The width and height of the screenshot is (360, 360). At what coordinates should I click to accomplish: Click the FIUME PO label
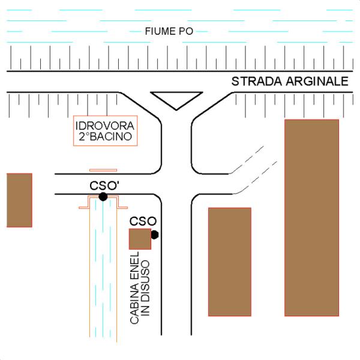(169, 31)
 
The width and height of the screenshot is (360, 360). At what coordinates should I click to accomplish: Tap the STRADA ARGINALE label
(290, 81)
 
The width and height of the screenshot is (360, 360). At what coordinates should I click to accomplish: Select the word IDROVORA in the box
(105, 126)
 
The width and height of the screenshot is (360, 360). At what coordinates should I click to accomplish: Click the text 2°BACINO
(105, 137)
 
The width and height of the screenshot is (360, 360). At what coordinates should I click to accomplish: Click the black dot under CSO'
(103, 196)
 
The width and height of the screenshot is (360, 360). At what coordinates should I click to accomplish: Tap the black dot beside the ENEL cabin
(154, 235)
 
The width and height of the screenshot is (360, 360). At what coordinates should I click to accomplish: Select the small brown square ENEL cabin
(140, 238)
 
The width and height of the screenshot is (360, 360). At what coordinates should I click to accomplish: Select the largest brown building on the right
(311, 217)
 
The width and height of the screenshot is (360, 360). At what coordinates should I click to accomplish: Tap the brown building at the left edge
(19, 200)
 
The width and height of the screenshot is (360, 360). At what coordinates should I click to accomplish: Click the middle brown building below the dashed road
(229, 261)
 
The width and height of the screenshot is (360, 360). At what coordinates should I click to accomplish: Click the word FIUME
(157, 31)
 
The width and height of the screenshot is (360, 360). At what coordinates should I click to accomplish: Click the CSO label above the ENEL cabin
(143, 221)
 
